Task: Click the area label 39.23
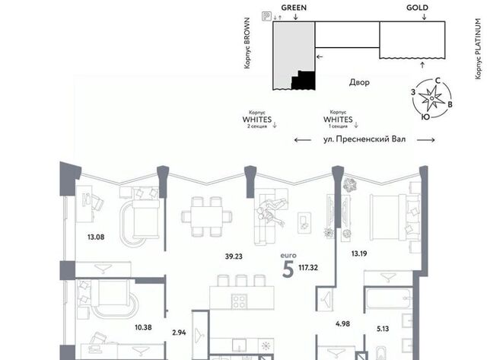click(234, 256)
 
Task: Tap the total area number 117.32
click(308, 268)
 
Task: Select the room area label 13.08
click(96, 237)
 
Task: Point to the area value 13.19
click(359, 253)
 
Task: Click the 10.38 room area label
click(143, 327)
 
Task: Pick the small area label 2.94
click(179, 333)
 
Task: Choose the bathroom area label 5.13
click(383, 329)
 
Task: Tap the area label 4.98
click(342, 324)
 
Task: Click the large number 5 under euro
click(288, 269)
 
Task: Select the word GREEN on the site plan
click(294, 8)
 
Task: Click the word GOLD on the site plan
click(417, 8)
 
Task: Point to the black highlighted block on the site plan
click(304, 81)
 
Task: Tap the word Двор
click(359, 82)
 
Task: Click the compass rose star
click(431, 98)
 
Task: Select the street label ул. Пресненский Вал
click(364, 139)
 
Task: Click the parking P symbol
click(266, 16)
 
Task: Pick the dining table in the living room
click(206, 216)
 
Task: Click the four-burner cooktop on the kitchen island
click(239, 301)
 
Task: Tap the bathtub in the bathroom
click(389, 298)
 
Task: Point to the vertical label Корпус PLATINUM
click(479, 49)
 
